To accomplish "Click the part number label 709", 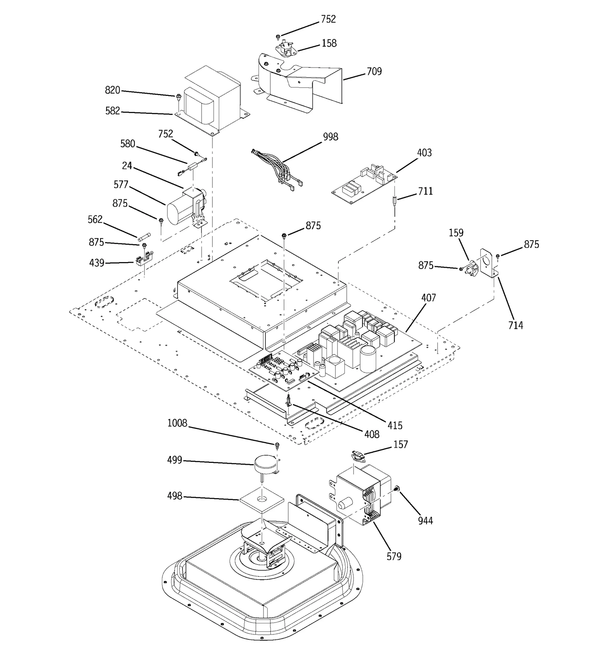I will pos(374,71).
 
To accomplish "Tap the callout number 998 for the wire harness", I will pos(330,137).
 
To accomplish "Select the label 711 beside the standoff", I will pos(425,191).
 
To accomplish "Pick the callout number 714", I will pos(515,325).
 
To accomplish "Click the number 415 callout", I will pos(395,425).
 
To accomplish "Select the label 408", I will pos(372,434).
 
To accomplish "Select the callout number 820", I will pos(112,91).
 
